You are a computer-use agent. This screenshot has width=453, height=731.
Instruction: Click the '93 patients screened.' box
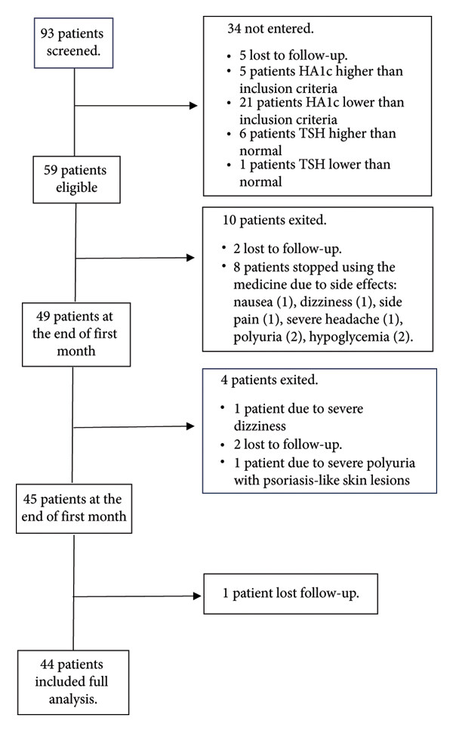coord(73,43)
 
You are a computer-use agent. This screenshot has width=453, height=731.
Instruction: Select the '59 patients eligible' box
coord(77,179)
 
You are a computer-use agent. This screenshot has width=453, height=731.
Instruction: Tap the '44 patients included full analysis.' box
coord(73,682)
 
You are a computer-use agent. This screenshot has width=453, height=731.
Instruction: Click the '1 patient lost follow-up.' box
coord(291,593)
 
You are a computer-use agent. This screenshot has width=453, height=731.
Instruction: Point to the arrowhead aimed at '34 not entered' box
coord(194,105)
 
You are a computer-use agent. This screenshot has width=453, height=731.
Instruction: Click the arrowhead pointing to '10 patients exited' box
coord(190,257)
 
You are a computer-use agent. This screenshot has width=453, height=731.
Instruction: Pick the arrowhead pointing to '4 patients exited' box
coord(190,426)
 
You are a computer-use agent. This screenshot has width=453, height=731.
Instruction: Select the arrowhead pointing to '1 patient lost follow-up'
coord(197,596)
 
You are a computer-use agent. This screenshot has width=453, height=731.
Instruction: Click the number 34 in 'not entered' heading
coord(234,29)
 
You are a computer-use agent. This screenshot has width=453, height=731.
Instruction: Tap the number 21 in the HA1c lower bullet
coord(246,102)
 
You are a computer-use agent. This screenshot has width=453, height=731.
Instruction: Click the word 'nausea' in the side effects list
coord(253,302)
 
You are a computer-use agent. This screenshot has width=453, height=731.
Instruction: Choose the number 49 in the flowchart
coord(43,316)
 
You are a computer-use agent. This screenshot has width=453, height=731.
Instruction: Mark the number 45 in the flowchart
coord(29,499)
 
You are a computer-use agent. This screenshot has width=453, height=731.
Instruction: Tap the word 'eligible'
coord(77,187)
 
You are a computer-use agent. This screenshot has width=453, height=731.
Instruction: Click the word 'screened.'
coord(73,51)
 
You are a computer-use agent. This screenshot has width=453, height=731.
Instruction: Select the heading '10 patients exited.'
coord(275,220)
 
